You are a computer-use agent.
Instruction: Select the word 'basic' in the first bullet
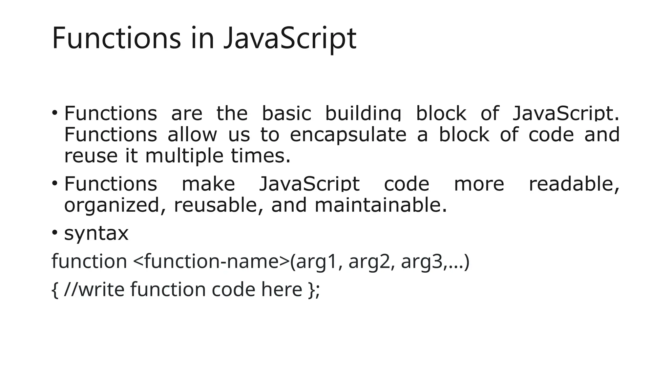tap(286, 114)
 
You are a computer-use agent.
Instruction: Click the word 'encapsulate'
tap(348, 135)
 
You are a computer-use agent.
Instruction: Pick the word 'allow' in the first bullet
tap(192, 135)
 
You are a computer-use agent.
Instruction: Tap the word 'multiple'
tap(184, 156)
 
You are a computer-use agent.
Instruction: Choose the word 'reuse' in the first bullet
tap(91, 156)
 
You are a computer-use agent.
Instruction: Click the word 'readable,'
tap(574, 184)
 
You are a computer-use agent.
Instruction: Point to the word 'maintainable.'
tap(381, 205)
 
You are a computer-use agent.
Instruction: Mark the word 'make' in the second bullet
tap(208, 184)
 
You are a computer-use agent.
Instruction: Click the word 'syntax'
tap(96, 234)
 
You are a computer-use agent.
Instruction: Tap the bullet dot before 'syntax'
tap(55, 233)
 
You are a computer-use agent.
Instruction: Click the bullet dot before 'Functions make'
tap(55, 183)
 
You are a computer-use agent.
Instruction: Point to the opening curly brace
tap(55, 290)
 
